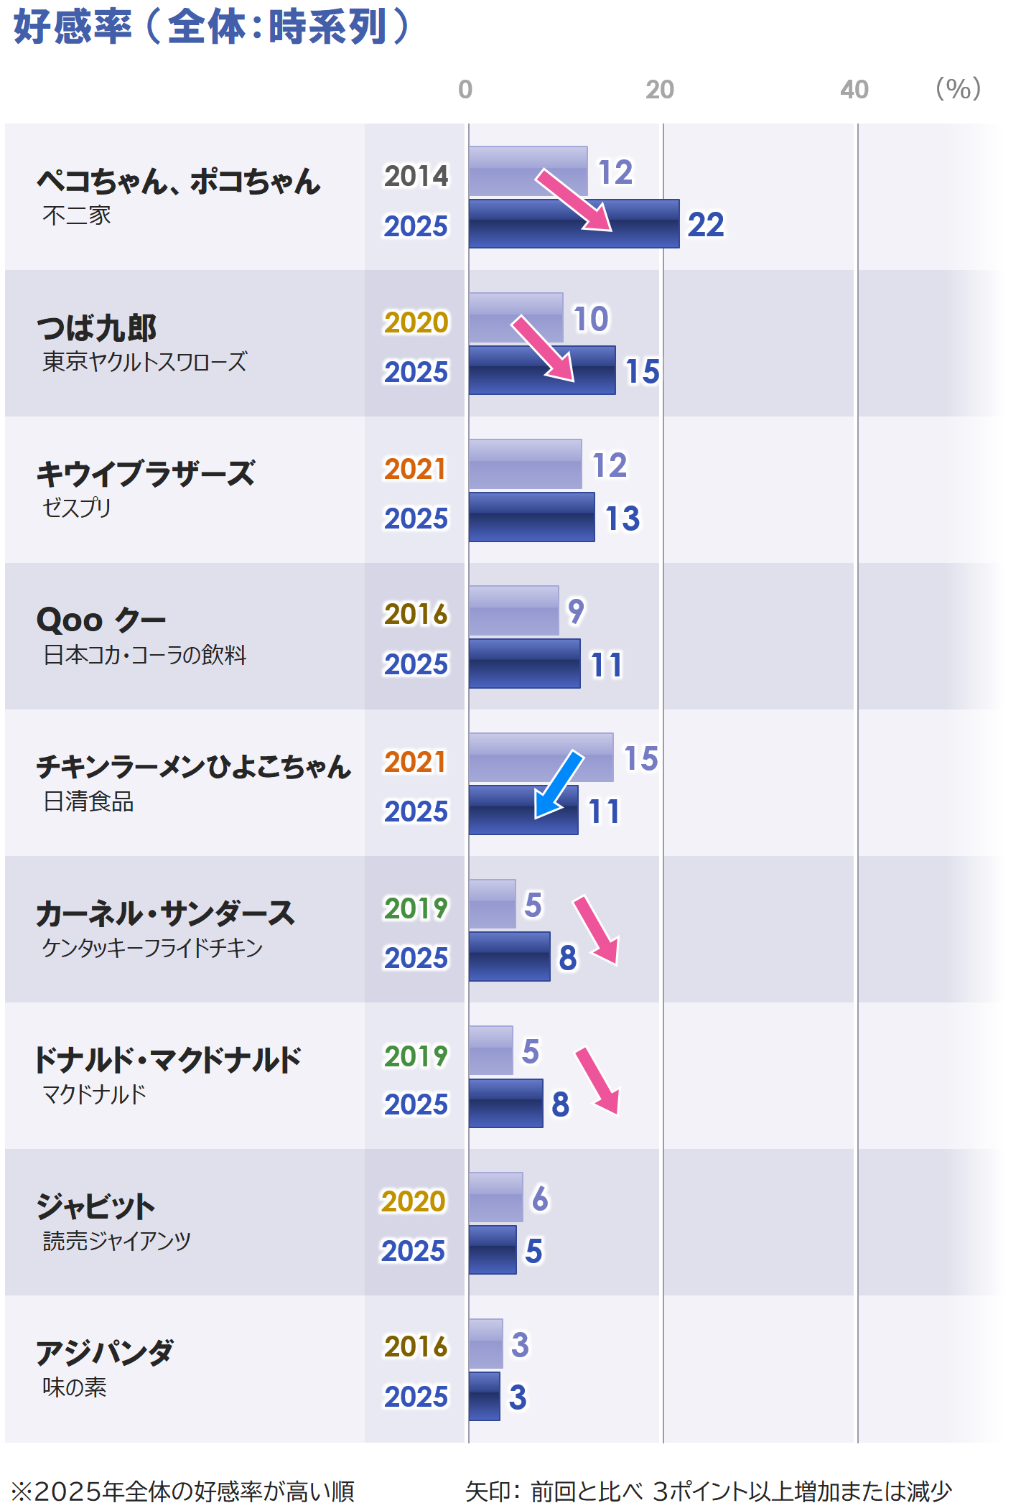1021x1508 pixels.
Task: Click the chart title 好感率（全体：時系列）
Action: point(211,27)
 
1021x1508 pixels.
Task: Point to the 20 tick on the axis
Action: point(659,90)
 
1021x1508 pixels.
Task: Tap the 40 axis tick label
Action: point(854,90)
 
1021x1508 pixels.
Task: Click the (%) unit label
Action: point(958,89)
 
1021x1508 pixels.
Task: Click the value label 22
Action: point(706,225)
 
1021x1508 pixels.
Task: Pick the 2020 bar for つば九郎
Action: point(516,317)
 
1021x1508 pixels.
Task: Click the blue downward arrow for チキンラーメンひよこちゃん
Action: point(559,784)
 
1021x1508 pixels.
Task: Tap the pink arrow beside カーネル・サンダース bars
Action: point(596,929)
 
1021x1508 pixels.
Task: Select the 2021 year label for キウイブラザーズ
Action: point(415,469)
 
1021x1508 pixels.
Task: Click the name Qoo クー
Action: point(101,619)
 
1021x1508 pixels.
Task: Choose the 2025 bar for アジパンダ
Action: point(484,1396)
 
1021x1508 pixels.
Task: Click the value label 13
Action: point(622,518)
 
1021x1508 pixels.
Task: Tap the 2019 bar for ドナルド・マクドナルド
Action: point(490,1050)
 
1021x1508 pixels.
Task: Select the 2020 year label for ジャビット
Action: point(414,1201)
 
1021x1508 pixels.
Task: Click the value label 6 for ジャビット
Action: point(540,1199)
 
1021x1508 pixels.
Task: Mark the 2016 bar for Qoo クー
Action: point(513,610)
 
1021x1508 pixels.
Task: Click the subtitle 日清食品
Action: point(89,801)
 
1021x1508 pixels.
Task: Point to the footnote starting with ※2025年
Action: point(183,1491)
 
